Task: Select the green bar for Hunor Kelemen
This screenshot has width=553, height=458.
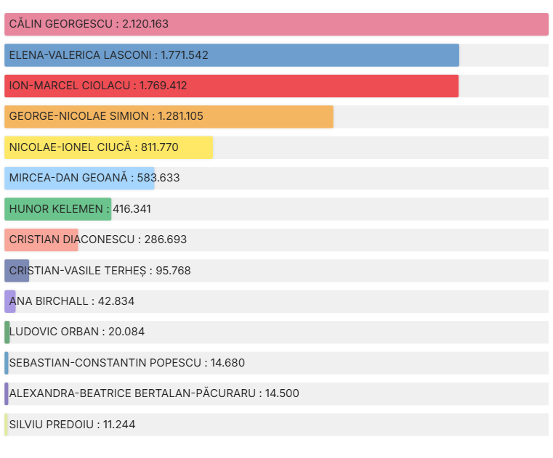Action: coord(58,209)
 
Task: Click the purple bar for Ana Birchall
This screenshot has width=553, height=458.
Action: coord(10,301)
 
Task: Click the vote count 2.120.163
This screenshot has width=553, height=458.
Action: coord(145,24)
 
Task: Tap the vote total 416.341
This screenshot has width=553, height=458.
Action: coord(132,209)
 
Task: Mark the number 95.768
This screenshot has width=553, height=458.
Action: coord(173,271)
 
